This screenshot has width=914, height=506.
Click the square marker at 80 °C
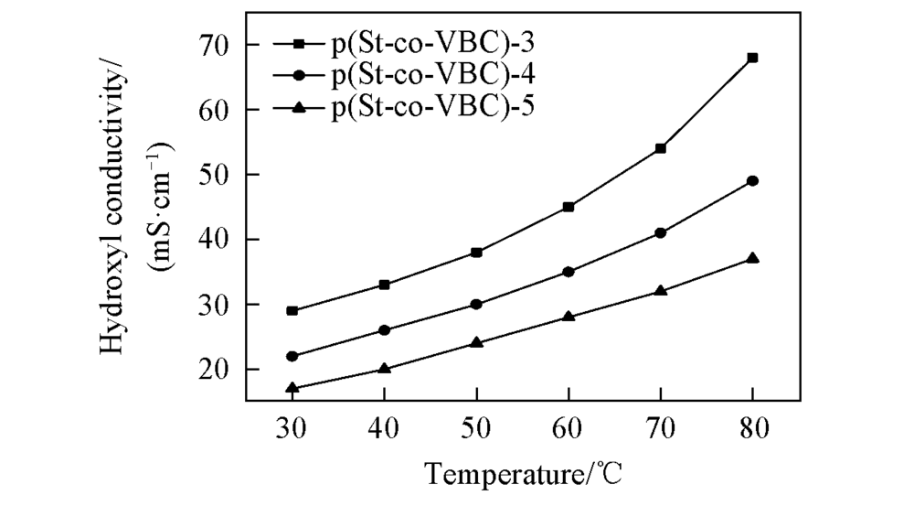click(752, 58)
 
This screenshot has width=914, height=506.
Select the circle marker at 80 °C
click(752, 181)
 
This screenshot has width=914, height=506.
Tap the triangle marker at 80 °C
click(752, 258)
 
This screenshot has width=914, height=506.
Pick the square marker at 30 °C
click(292, 311)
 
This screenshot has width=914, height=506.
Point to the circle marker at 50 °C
click(476, 304)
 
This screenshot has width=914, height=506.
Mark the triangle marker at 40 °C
click(384, 369)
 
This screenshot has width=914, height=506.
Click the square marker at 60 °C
click(569, 207)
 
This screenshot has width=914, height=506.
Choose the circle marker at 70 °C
click(660, 232)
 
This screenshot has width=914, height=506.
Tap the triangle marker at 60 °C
click(569, 317)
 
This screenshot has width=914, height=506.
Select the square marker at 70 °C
click(660, 148)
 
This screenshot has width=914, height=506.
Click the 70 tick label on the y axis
click(218, 44)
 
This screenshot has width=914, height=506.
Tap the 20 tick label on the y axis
click(218, 369)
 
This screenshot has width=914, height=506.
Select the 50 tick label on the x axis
click(476, 427)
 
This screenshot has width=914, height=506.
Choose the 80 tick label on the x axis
click(752, 427)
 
